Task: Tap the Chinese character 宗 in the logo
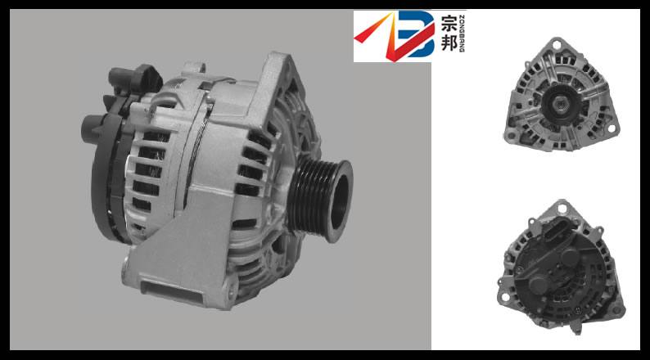point(449,25)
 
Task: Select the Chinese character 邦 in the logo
point(449,47)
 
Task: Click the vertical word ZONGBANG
point(463,37)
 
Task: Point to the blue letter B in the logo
point(418,37)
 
